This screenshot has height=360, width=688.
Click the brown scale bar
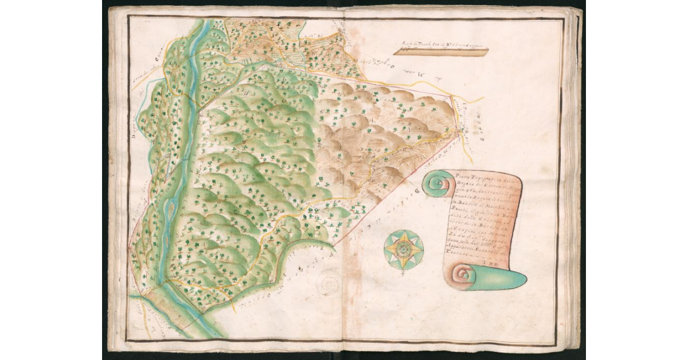pyautogui.click(x=441, y=52)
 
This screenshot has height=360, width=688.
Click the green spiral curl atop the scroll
pyautogui.click(x=439, y=185)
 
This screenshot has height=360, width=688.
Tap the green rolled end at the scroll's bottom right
pyautogui.click(x=507, y=279)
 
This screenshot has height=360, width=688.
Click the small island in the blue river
pyautogui.click(x=170, y=210)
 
